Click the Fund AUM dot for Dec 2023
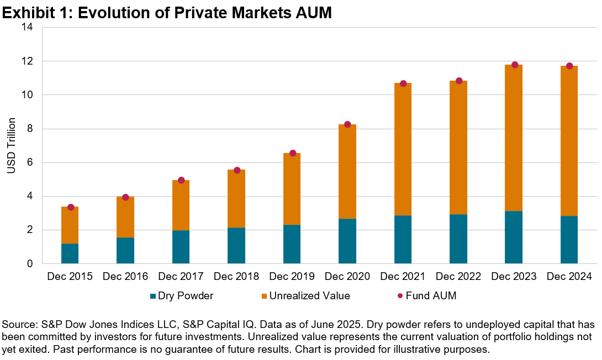(514, 65)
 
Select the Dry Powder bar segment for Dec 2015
(70, 253)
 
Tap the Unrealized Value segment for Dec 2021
(403, 149)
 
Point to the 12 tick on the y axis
(29, 61)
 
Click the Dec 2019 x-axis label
(292, 276)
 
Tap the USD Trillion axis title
(12, 145)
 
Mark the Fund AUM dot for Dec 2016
(125, 197)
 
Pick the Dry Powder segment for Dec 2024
(569, 240)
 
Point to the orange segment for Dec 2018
(236, 198)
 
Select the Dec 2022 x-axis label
(458, 276)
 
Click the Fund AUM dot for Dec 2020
(347, 124)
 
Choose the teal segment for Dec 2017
(181, 247)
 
